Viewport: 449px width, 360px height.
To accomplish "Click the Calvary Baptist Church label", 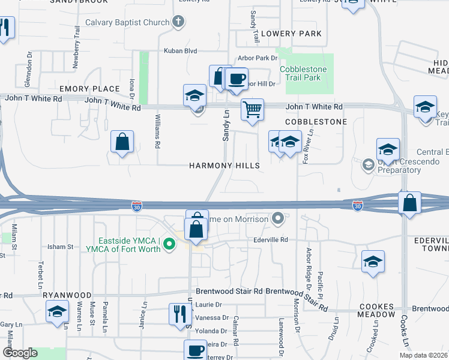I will (x=127, y=23).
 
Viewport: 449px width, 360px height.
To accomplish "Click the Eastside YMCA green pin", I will (x=169, y=244).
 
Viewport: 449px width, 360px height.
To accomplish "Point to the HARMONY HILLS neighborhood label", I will (x=225, y=166).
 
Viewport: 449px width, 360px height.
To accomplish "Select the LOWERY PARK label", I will (x=292, y=34).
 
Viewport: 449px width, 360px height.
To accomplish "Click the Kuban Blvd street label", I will (x=181, y=52).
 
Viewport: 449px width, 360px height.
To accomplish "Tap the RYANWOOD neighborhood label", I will (x=67, y=296).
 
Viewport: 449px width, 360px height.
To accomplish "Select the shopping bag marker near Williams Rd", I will (x=122, y=142).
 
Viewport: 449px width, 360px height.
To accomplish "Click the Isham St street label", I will (x=60, y=247).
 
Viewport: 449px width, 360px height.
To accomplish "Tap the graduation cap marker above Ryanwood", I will (x=58, y=311).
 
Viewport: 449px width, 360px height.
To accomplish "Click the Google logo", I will (x=20, y=353).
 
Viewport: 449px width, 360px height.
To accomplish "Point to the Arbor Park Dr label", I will (x=258, y=58).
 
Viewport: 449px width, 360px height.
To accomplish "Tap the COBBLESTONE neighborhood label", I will (x=316, y=122).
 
